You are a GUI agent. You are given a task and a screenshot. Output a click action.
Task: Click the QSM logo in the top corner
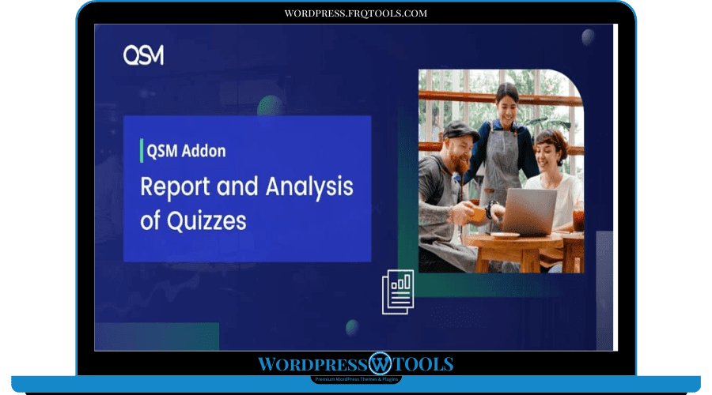143,55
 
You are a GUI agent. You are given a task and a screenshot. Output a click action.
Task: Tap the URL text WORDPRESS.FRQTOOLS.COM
355,13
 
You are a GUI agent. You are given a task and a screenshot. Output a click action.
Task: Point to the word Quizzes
208,221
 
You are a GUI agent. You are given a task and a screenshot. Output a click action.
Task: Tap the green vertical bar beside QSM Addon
140,151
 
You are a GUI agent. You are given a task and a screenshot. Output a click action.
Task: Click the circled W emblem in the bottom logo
381,364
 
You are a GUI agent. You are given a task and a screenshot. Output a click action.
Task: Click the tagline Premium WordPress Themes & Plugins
355,380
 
